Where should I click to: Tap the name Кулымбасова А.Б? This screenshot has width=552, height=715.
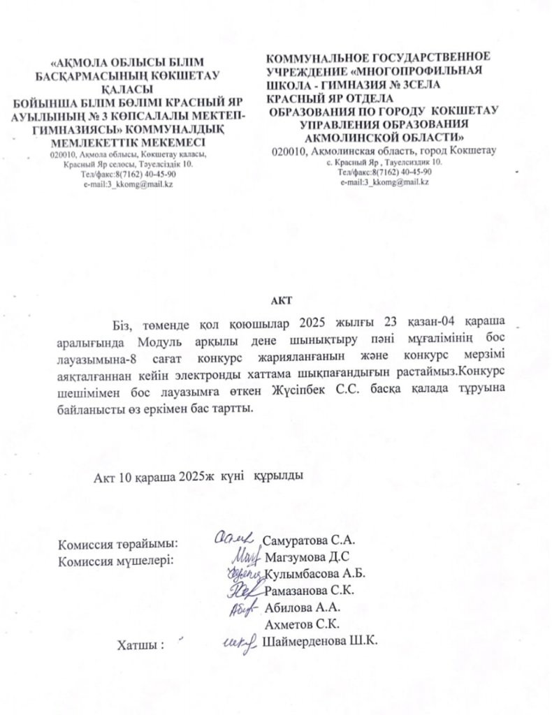click(x=316, y=573)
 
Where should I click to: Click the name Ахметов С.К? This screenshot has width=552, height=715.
click(x=299, y=625)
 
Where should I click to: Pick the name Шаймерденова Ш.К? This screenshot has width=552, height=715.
click(x=319, y=642)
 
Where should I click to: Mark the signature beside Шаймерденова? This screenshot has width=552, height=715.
click(x=238, y=643)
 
